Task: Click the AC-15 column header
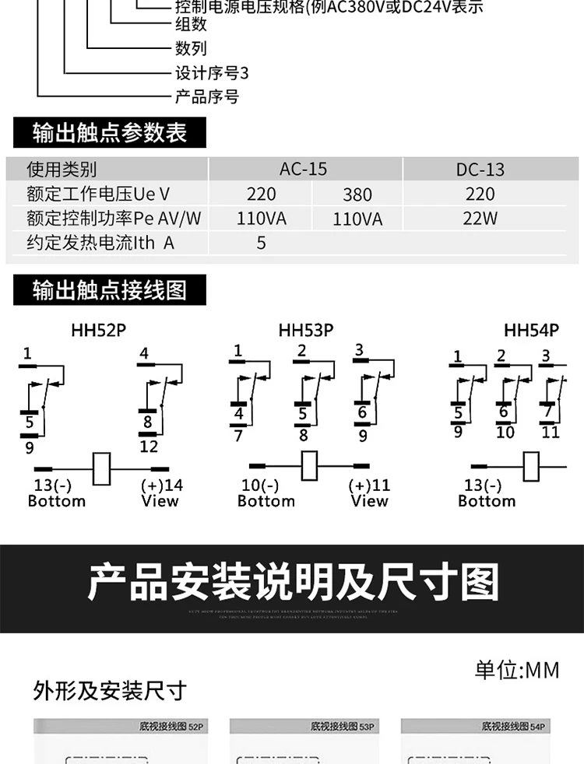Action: (303, 169)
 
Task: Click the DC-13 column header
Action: (480, 170)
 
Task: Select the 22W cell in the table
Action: (480, 218)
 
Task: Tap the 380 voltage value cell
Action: (357, 195)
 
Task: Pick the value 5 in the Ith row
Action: (262, 243)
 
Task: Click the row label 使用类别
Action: (62, 170)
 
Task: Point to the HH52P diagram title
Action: (98, 330)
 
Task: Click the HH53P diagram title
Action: (306, 330)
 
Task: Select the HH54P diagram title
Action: (531, 330)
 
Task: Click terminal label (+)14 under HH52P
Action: (161, 485)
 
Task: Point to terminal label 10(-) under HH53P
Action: (260, 485)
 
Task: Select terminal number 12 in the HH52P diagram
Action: (149, 447)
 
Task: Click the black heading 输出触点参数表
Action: (110, 132)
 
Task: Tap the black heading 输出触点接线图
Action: (110, 290)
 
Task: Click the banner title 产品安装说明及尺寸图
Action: (292, 584)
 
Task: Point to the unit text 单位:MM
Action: (517, 669)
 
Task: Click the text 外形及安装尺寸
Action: (110, 690)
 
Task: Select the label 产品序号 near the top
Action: (206, 96)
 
